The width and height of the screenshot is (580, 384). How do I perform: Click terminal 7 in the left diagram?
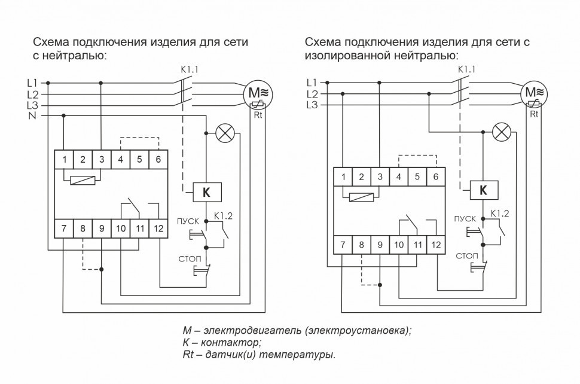[x=63, y=228]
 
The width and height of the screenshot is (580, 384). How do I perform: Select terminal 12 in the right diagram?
[x=435, y=244]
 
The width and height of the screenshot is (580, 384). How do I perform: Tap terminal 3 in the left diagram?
[x=102, y=159]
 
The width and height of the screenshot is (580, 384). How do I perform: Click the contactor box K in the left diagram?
[x=206, y=193]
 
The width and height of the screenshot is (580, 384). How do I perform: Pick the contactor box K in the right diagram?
[x=484, y=190]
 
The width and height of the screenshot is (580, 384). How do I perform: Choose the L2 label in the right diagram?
[x=312, y=94]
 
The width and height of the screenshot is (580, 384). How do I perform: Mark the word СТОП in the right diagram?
[x=467, y=256]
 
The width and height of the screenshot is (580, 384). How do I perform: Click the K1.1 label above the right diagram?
[x=466, y=69]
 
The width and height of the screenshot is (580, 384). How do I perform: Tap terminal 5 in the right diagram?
[x=417, y=176]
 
